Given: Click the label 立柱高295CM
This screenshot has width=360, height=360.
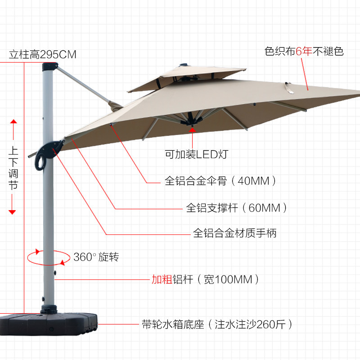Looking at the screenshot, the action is (43, 55).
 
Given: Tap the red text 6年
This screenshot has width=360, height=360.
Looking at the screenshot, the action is (304, 51).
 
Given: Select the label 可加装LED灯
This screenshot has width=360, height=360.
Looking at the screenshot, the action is (197, 155).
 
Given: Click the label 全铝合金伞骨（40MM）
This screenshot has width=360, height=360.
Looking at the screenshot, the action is (220, 181).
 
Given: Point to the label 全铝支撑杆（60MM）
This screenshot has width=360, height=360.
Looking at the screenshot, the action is (236, 208).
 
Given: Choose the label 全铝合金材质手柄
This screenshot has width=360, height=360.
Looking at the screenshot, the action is (234, 233).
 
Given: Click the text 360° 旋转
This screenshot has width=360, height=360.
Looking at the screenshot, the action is (96, 257).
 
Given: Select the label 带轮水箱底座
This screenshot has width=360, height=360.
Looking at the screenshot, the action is (173, 324).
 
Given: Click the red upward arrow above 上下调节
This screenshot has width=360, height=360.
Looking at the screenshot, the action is (13, 122).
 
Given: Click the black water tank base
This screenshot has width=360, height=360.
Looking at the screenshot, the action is (49, 320).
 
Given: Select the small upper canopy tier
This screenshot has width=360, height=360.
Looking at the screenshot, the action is (187, 76).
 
